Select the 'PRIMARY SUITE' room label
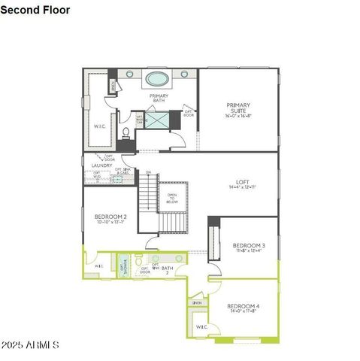(238, 108)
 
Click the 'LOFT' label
(242, 181)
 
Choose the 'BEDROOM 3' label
(248, 245)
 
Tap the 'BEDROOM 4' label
(247, 305)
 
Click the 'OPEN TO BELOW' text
(172, 199)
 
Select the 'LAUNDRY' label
(101, 165)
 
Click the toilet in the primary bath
(126, 133)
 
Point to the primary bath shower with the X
(156, 119)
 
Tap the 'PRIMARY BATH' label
(159, 99)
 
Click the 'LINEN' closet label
(197, 302)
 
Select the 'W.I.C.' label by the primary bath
(99, 126)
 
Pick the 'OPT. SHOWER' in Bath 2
(123, 265)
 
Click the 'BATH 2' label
(167, 269)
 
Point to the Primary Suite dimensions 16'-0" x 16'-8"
(238, 117)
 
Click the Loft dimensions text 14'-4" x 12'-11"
(242, 188)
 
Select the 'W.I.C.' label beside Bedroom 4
(201, 327)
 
